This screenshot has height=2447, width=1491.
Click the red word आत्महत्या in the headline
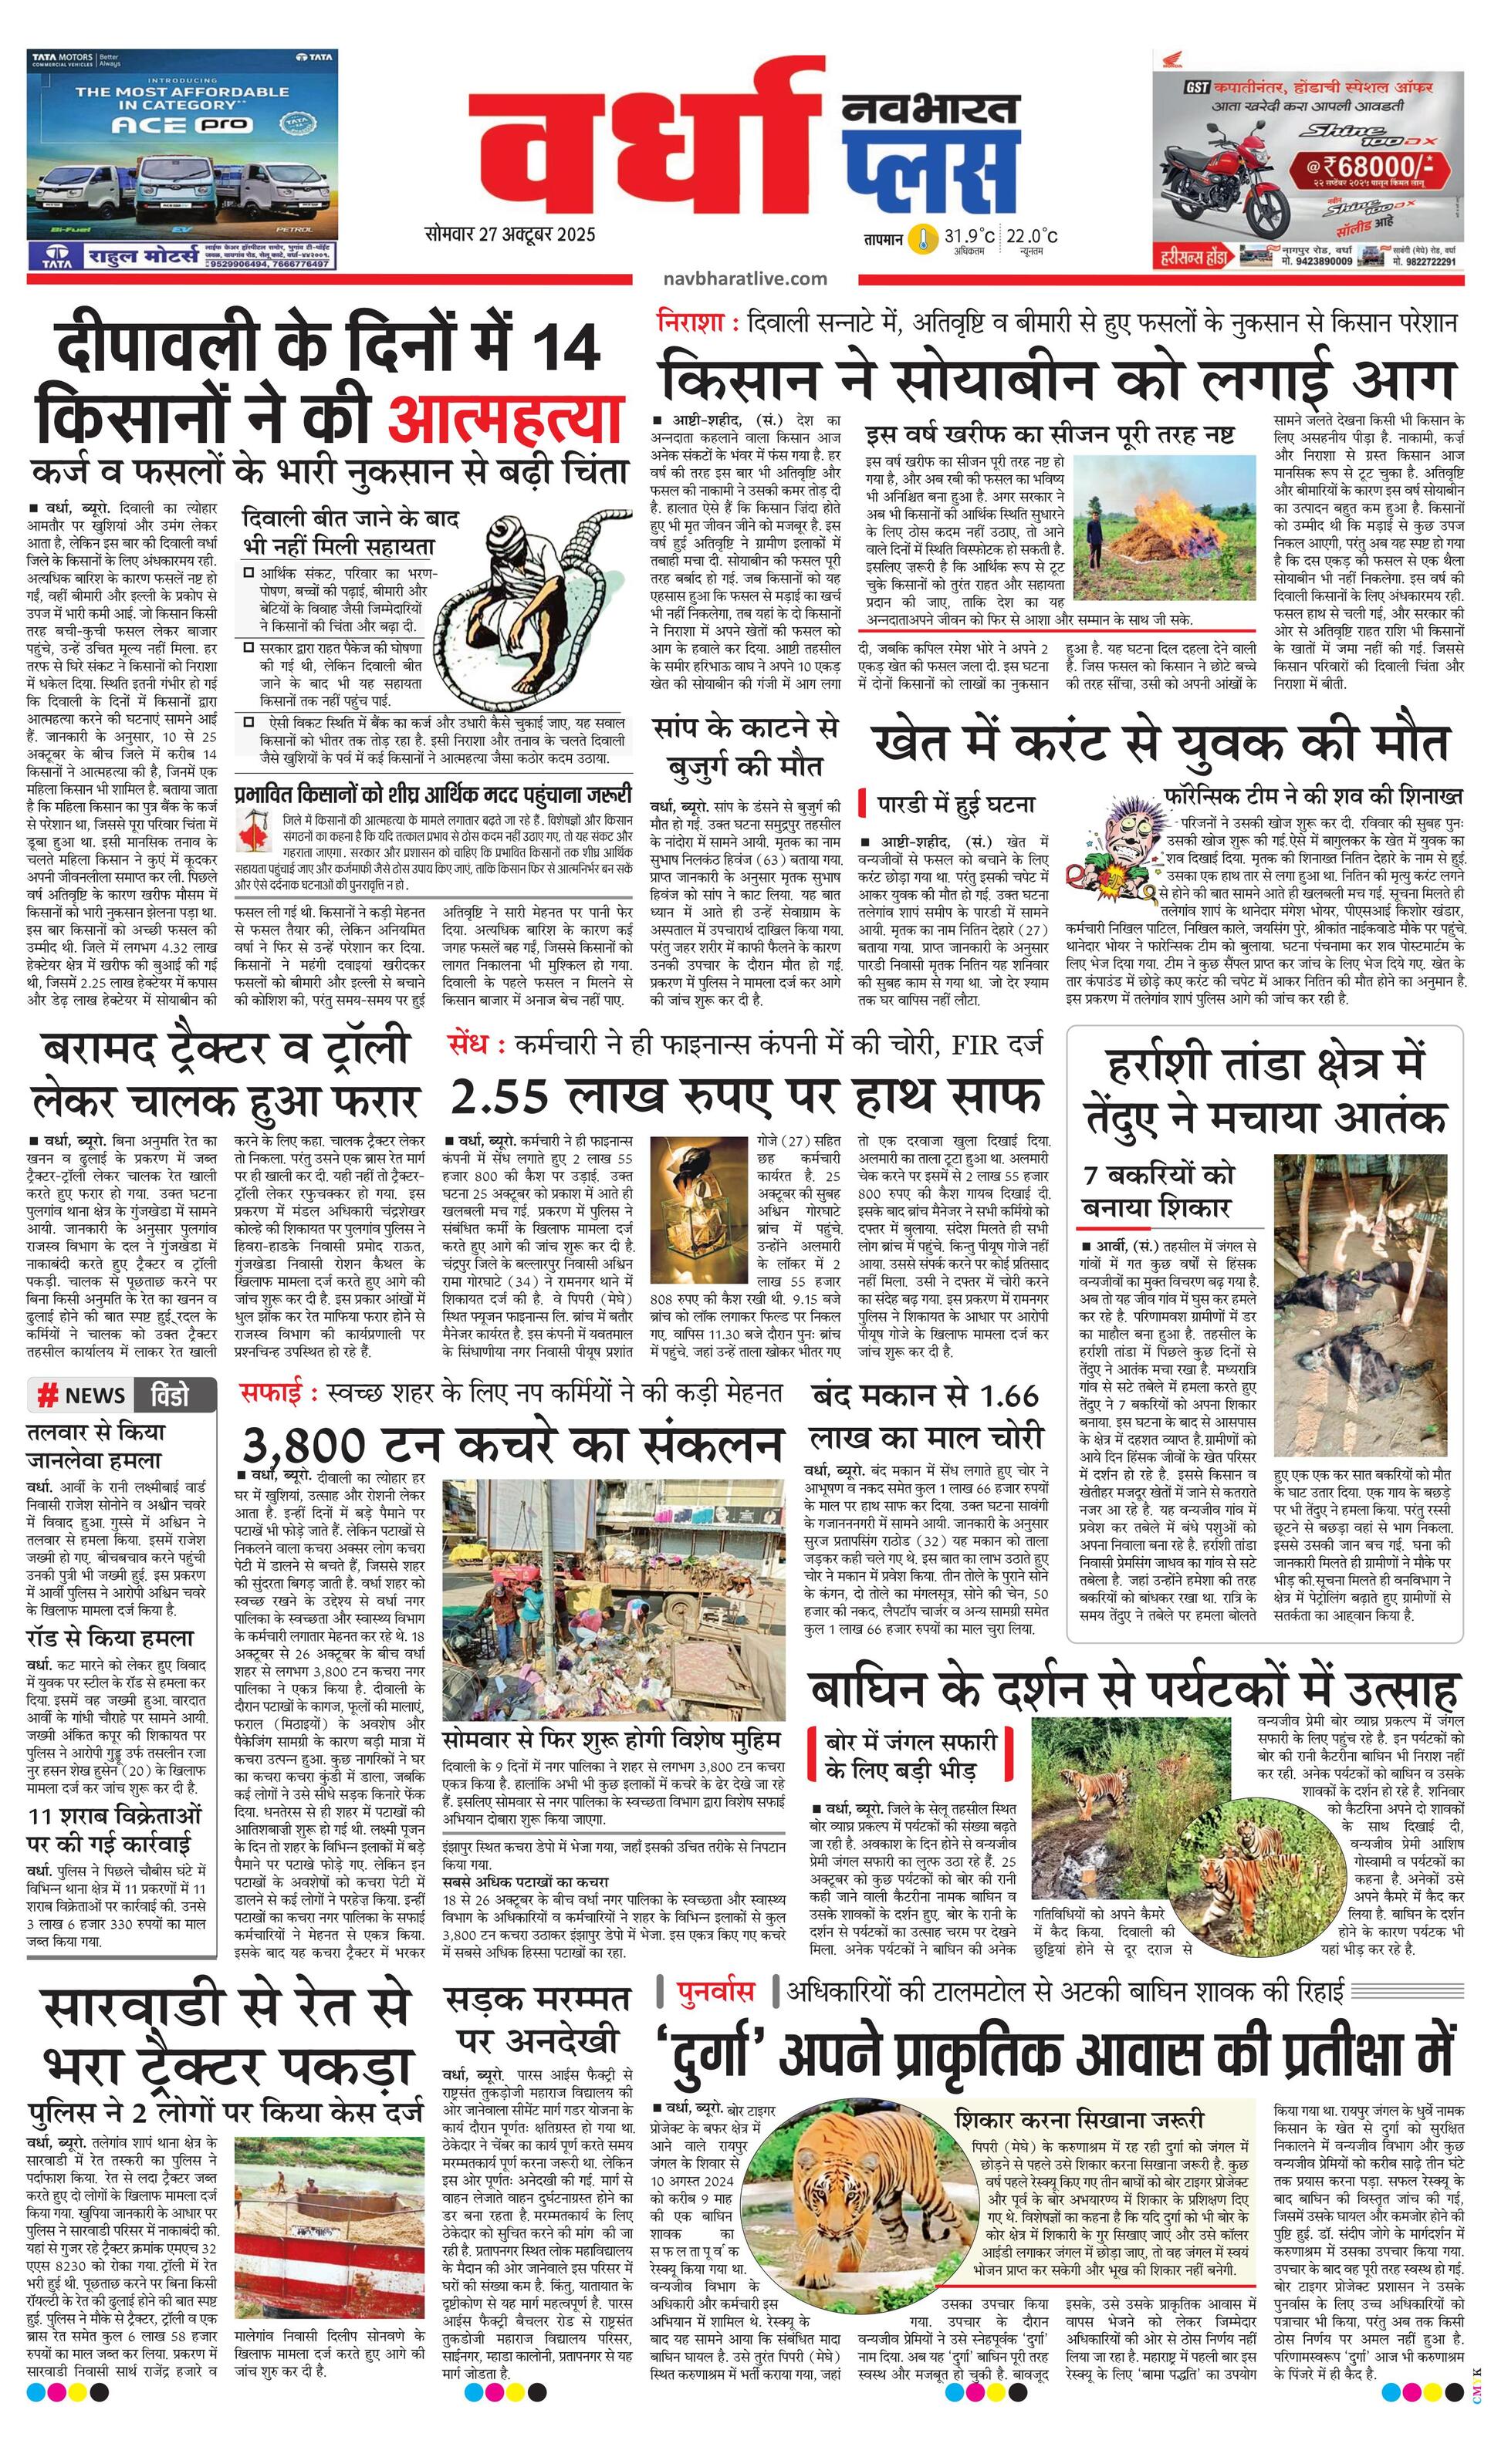pos(505,419)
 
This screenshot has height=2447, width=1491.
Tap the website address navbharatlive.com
pos(743,279)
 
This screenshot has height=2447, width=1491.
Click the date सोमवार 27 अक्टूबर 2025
pos(509,235)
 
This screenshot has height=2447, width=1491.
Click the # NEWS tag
pos(82,1394)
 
